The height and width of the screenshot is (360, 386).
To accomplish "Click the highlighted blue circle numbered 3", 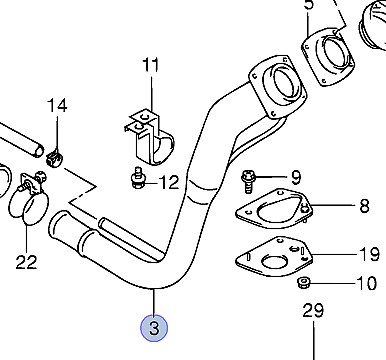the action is (x=154, y=328).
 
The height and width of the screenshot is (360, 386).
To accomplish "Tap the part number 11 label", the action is (x=151, y=65).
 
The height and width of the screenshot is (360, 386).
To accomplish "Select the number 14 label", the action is (x=57, y=105).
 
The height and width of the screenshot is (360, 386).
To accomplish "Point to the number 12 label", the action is (x=169, y=182).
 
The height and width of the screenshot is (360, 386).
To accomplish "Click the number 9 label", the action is (x=296, y=177).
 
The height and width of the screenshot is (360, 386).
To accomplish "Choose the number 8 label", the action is (x=364, y=206).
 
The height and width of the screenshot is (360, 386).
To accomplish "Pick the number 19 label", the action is (x=370, y=255).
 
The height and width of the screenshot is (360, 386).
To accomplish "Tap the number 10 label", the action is (x=367, y=283).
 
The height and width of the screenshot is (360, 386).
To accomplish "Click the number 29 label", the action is (x=313, y=310).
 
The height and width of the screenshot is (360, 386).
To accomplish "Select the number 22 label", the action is (x=26, y=262).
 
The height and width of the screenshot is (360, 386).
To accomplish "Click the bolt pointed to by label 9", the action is (x=248, y=181).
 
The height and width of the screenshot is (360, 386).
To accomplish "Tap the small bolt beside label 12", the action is (x=137, y=178).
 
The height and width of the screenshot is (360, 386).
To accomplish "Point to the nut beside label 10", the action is (x=303, y=283).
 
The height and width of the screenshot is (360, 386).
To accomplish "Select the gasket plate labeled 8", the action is (x=274, y=209).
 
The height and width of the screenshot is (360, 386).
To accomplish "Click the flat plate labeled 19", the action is (x=274, y=257).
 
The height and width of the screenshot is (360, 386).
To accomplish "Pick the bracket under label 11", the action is (x=151, y=137).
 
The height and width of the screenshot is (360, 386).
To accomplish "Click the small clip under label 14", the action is (x=54, y=159).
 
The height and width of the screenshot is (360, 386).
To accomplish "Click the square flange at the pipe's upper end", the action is (x=277, y=87).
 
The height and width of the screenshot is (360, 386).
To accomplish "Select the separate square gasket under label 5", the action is (x=328, y=57).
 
